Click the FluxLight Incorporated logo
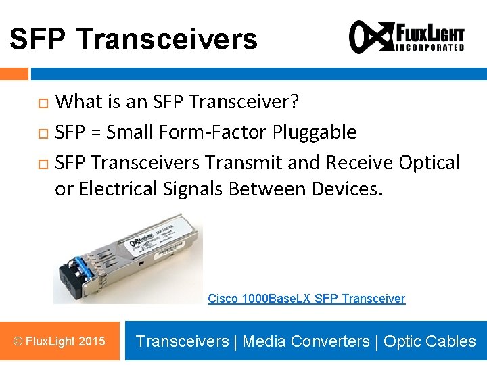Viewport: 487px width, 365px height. pyautogui.click(x=407, y=36)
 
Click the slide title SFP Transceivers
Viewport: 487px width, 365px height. pyautogui.click(x=133, y=39)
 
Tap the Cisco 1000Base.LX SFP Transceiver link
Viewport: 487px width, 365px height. pyautogui.click(x=306, y=299)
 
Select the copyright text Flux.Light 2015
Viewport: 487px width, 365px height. pyautogui.click(x=60, y=341)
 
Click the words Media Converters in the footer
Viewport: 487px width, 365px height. pyautogui.click(x=306, y=341)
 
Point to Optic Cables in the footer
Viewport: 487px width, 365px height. pyautogui.click(x=430, y=341)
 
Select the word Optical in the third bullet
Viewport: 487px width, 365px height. pyautogui.click(x=429, y=162)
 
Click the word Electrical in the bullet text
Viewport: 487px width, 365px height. pyautogui.click(x=118, y=189)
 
